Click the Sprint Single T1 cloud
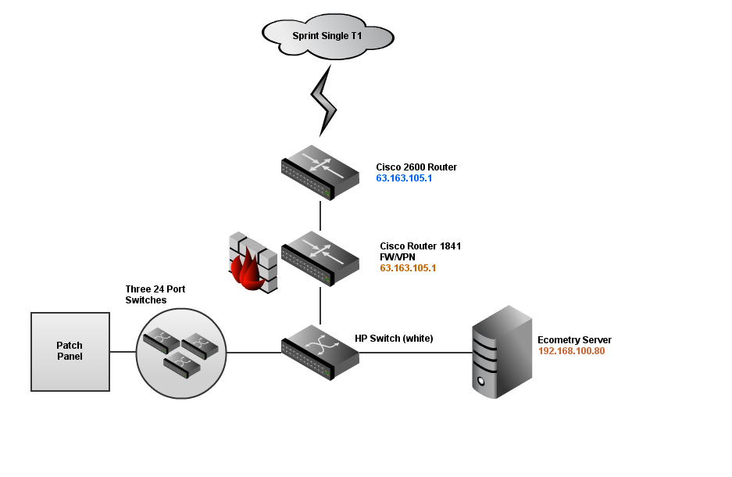pyautogui.click(x=327, y=35)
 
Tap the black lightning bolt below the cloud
pyautogui.click(x=324, y=98)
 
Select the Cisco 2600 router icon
pyautogui.click(x=320, y=173)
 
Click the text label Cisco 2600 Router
pyautogui.click(x=416, y=167)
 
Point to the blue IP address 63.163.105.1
pyautogui.click(x=404, y=178)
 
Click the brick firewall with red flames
pyautogui.click(x=252, y=263)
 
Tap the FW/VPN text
pyautogui.click(x=398, y=256)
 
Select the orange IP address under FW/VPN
pyautogui.click(x=408, y=268)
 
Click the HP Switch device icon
pyautogui.click(x=320, y=352)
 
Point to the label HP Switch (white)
pyautogui.click(x=394, y=339)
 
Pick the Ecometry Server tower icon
pyautogui.click(x=502, y=352)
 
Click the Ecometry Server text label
pyautogui.click(x=574, y=340)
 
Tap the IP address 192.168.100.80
pyautogui.click(x=571, y=351)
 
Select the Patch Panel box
pyautogui.click(x=70, y=351)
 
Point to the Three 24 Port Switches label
pyautogui.click(x=155, y=295)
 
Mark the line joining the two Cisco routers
pyautogui.click(x=320, y=215)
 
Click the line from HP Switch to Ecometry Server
pyautogui.click(x=414, y=353)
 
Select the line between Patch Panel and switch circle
pyautogui.click(x=123, y=352)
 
